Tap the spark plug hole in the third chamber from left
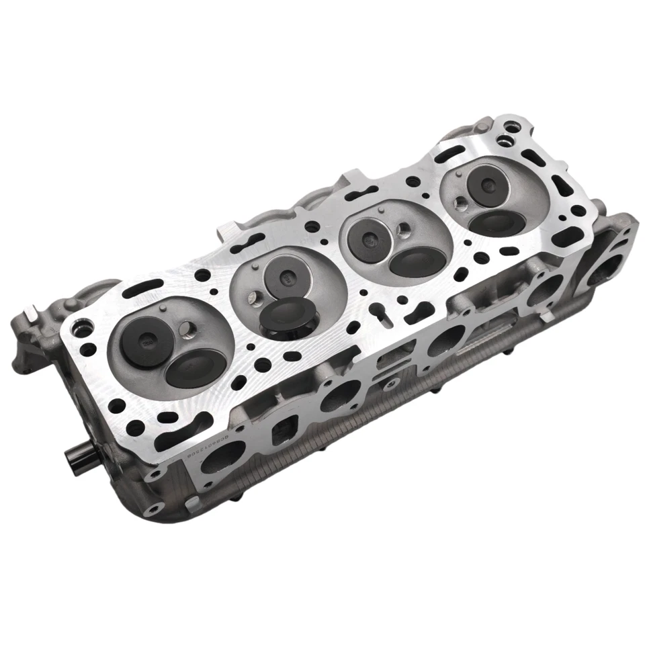coord(402,230)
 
